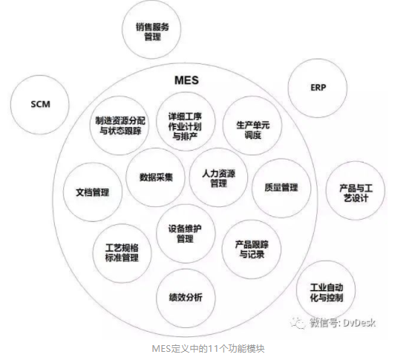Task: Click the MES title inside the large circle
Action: pyautogui.click(x=186, y=80)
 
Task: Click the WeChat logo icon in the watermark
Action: pyautogui.click(x=298, y=322)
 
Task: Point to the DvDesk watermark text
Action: pyautogui.click(x=359, y=322)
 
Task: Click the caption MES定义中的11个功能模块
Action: pyautogui.click(x=208, y=349)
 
